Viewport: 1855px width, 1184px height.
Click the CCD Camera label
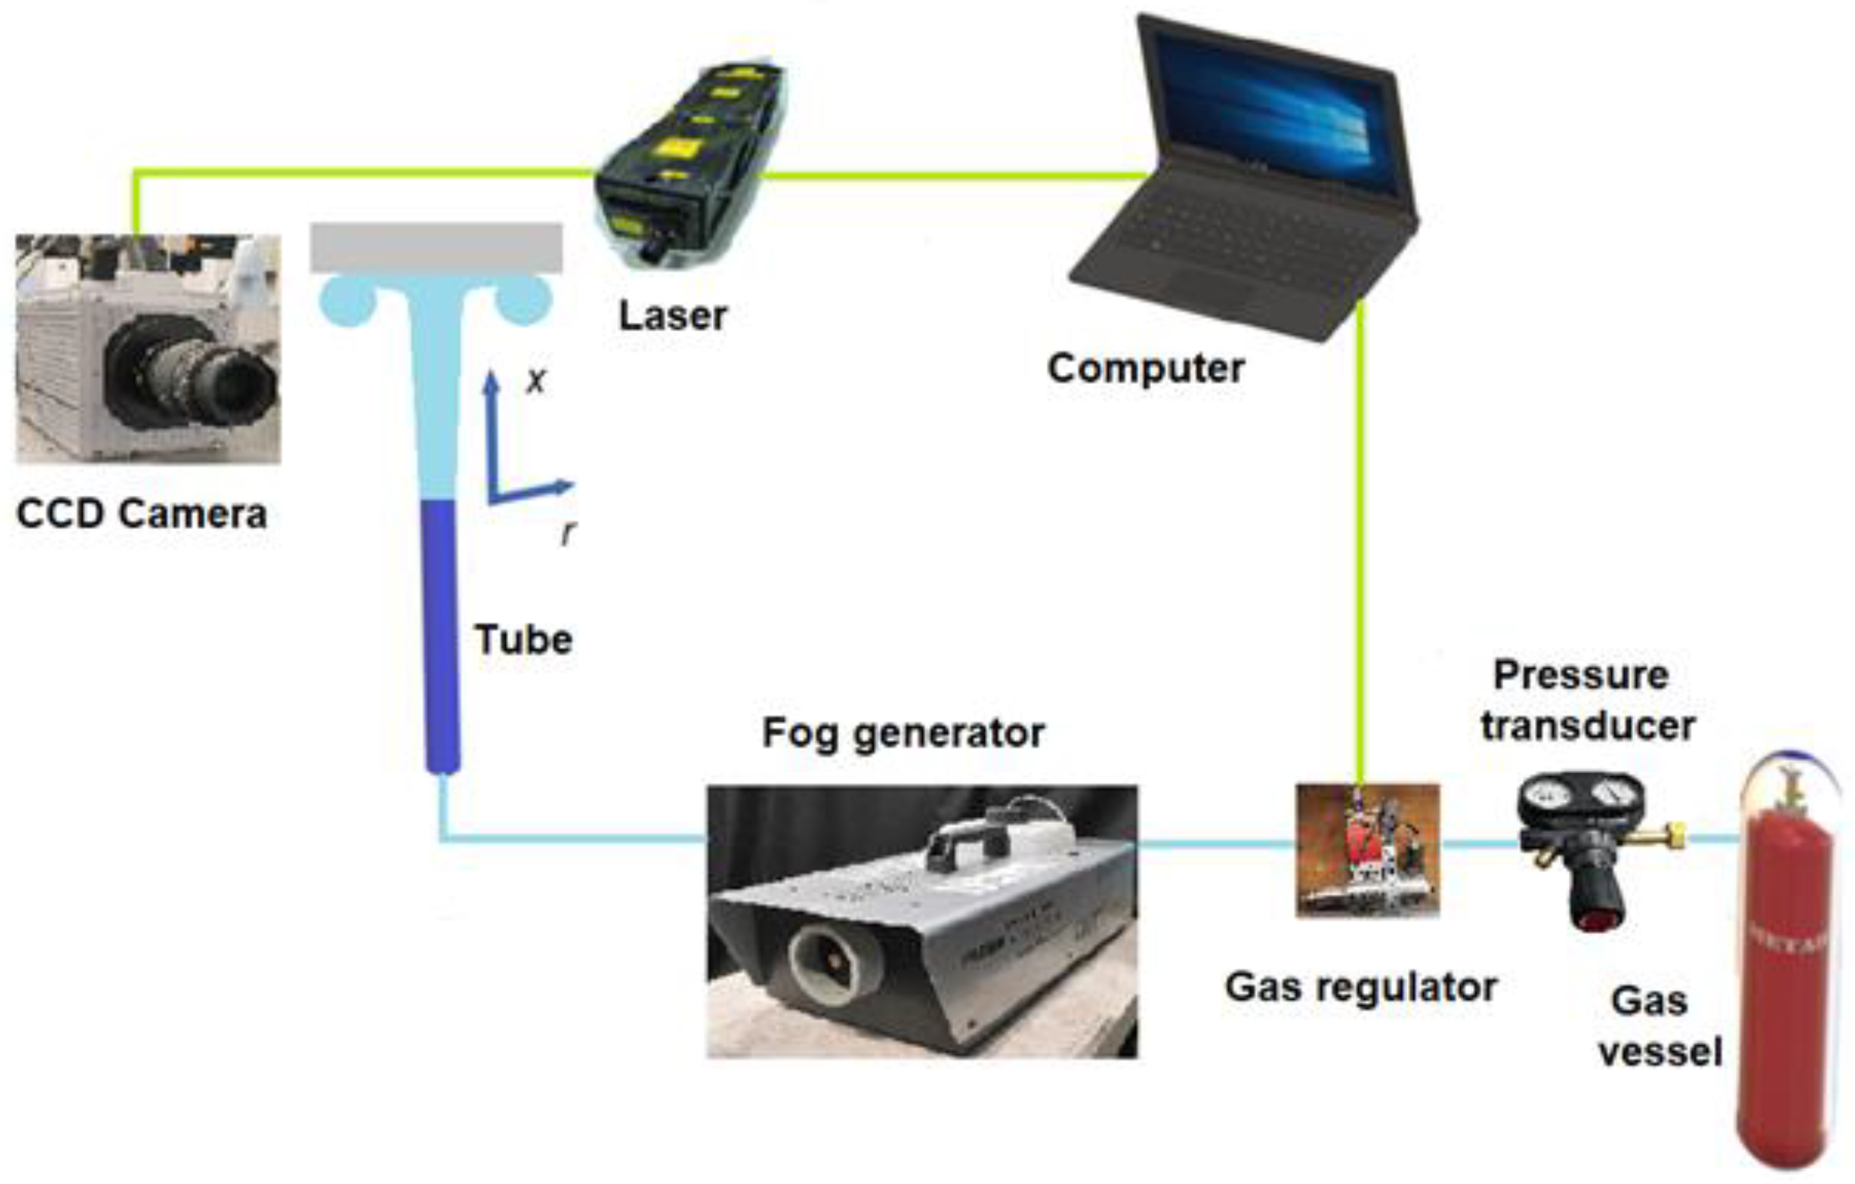(x=142, y=514)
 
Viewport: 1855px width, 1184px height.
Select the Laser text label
(x=673, y=316)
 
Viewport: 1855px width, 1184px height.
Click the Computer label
(x=1145, y=368)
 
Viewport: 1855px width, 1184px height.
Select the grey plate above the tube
(x=436, y=248)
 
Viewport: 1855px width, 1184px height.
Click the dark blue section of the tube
(x=441, y=631)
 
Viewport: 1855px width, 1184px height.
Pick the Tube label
(x=524, y=640)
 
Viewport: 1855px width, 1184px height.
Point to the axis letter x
(x=535, y=381)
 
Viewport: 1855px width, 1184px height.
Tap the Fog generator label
(x=903, y=733)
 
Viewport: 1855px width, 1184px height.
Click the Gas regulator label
(x=1360, y=988)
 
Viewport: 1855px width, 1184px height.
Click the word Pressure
(x=1581, y=676)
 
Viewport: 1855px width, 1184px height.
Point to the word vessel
(x=1661, y=1052)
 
